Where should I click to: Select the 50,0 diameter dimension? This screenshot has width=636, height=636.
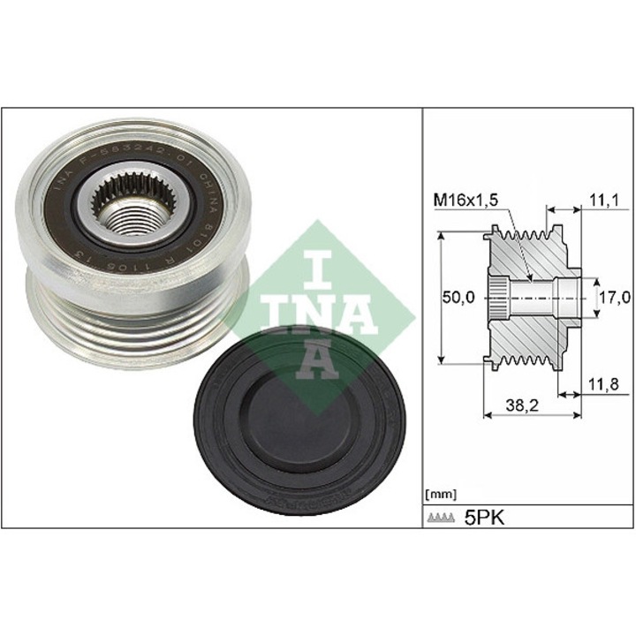tap(459, 299)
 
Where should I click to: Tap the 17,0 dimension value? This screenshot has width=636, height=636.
tap(614, 299)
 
